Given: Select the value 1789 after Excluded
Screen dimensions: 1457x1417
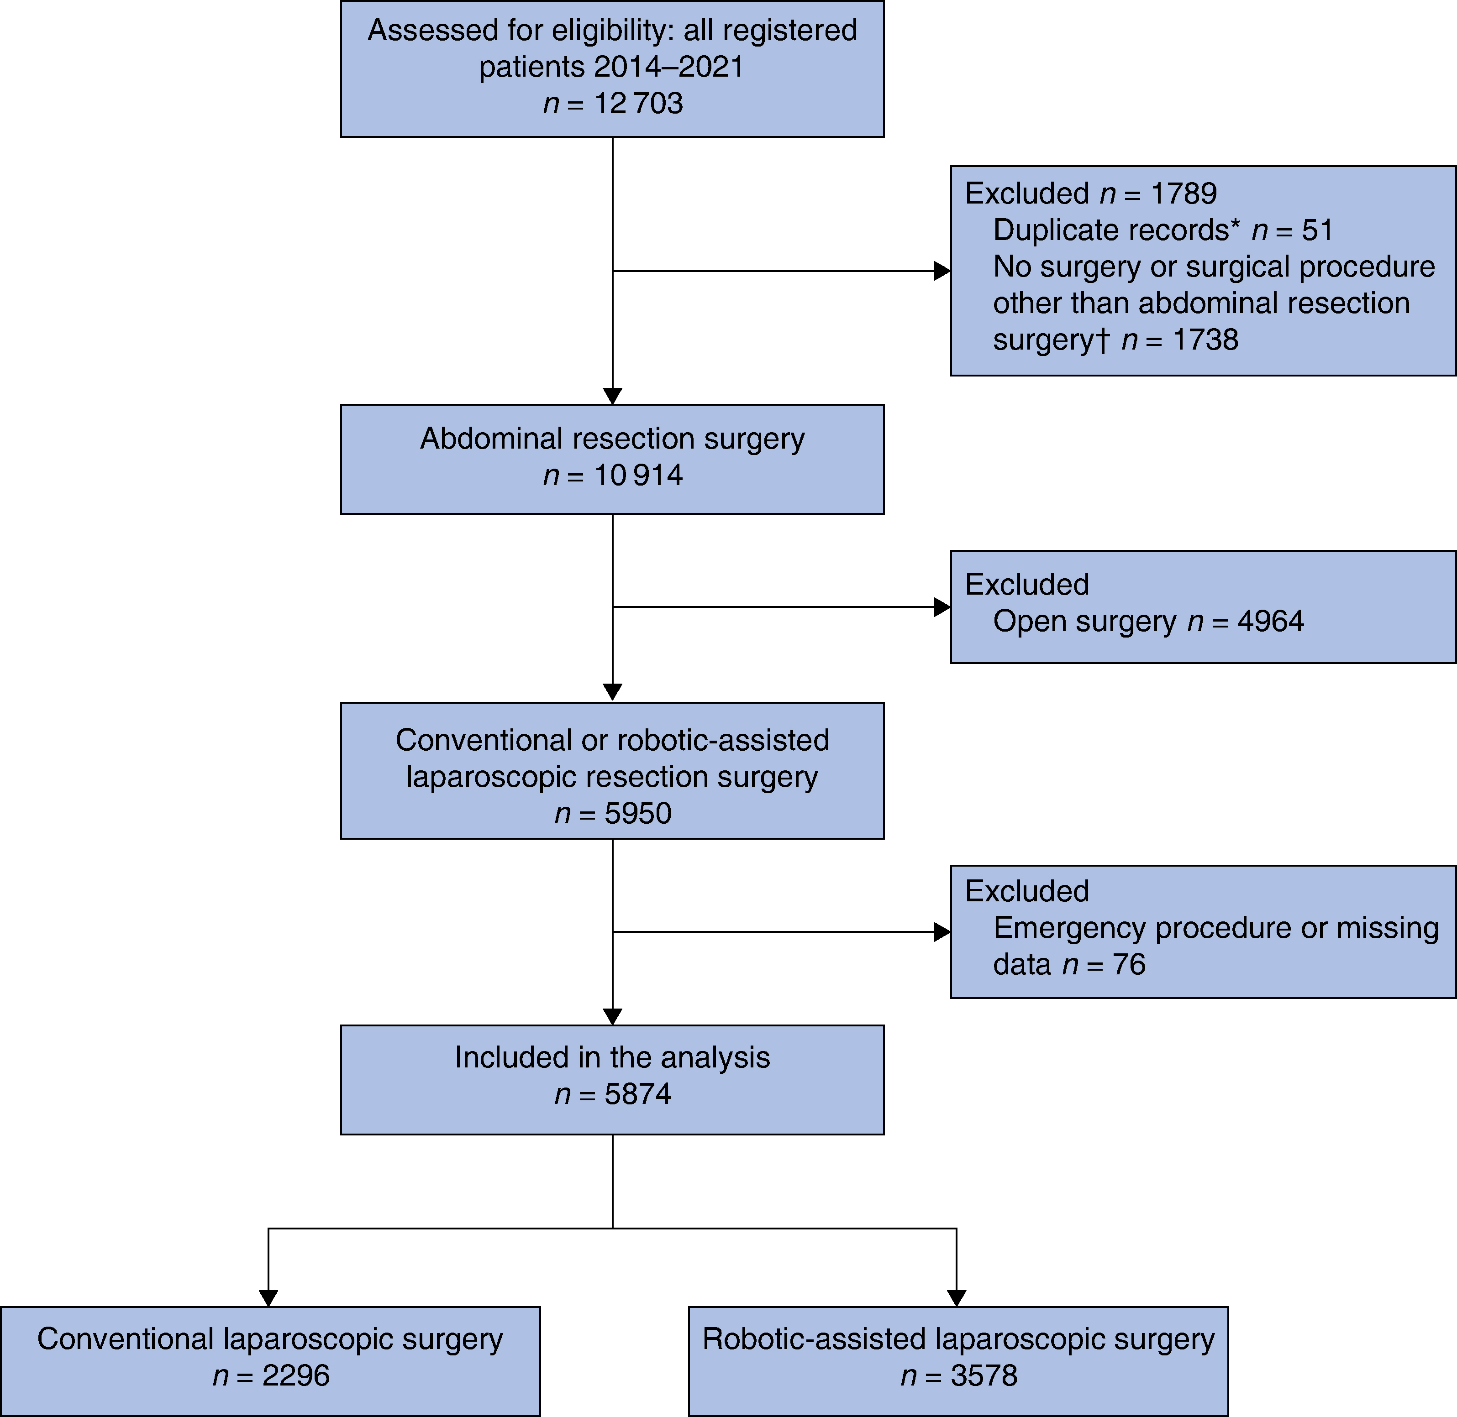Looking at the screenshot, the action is point(1184,193).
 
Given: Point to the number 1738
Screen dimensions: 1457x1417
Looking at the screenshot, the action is point(1205,340).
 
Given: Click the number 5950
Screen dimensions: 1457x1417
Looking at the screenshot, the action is point(638,813).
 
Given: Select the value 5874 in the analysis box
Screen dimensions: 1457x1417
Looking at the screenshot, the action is point(638,1094).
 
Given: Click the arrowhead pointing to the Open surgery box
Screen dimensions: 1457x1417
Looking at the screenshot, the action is point(942,607).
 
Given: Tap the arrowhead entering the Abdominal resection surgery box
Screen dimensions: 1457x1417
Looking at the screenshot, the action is point(613,396).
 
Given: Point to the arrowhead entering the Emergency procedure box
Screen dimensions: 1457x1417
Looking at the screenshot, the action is point(942,932).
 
